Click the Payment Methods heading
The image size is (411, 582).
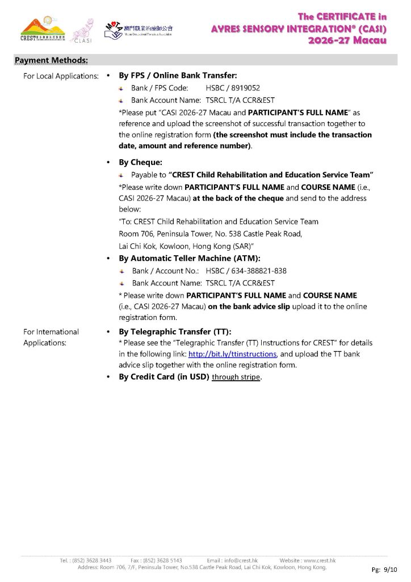(51, 60)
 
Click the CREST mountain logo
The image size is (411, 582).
(43, 30)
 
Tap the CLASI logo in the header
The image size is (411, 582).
(82, 31)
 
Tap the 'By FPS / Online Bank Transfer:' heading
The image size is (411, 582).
(178, 75)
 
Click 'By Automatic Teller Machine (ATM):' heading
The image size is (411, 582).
(190, 258)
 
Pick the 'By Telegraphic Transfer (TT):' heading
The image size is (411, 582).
(175, 332)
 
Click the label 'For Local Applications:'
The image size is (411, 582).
(61, 76)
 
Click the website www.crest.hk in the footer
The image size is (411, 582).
(316, 560)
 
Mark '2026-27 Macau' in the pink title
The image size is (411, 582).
(347, 40)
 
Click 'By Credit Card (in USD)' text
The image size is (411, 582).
(164, 377)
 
